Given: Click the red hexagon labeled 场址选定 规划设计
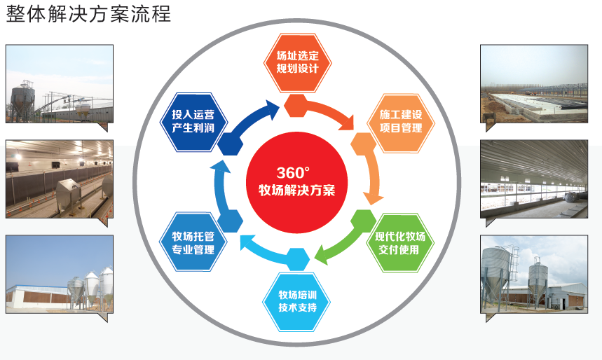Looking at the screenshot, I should [297, 62].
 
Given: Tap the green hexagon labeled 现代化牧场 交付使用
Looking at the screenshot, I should [400, 242].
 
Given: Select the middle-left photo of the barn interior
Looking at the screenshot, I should [59, 179].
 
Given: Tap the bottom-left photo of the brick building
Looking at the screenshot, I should [59, 274].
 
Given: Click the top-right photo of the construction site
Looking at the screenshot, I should [533, 84].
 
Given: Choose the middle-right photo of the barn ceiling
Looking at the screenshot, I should [533, 179].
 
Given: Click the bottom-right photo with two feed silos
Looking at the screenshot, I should [533, 274].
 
